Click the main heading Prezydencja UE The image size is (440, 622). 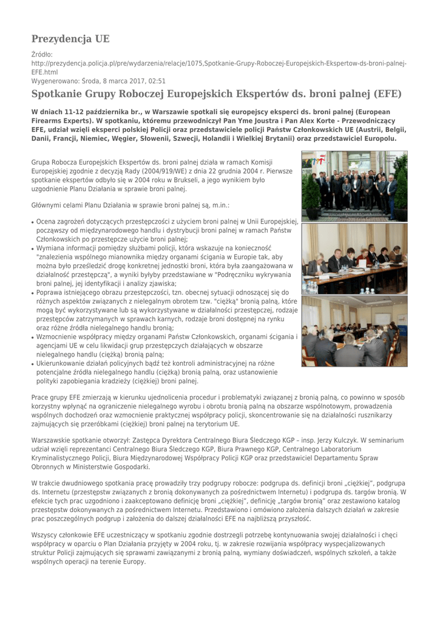coord(70,39)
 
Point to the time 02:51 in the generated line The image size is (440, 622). coord(155,80)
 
